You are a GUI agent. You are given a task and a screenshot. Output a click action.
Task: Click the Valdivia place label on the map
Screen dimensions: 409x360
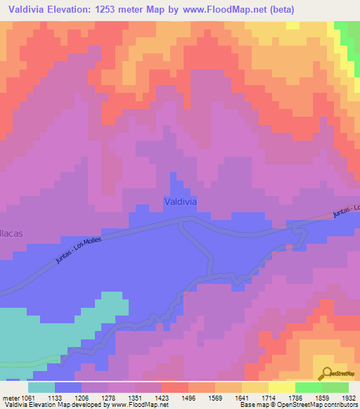[x=180, y=201]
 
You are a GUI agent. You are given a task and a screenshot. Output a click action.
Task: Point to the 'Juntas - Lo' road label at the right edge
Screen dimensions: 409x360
[x=346, y=211]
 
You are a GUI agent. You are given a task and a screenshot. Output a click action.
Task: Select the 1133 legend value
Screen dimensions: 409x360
[x=68, y=397]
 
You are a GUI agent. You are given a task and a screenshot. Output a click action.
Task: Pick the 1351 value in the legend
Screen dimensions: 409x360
[x=149, y=397]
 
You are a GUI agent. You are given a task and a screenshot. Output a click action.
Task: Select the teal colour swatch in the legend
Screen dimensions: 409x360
[x=41, y=387]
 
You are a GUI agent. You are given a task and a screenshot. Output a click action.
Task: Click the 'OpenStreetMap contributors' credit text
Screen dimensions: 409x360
[x=322, y=405]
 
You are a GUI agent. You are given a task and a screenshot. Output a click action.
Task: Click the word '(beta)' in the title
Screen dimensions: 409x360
[x=282, y=9]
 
